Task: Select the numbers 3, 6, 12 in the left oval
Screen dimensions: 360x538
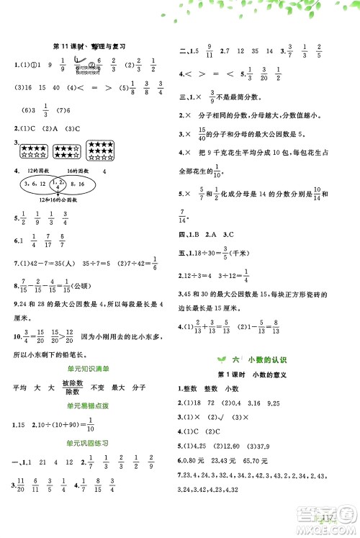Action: pos(38,184)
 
